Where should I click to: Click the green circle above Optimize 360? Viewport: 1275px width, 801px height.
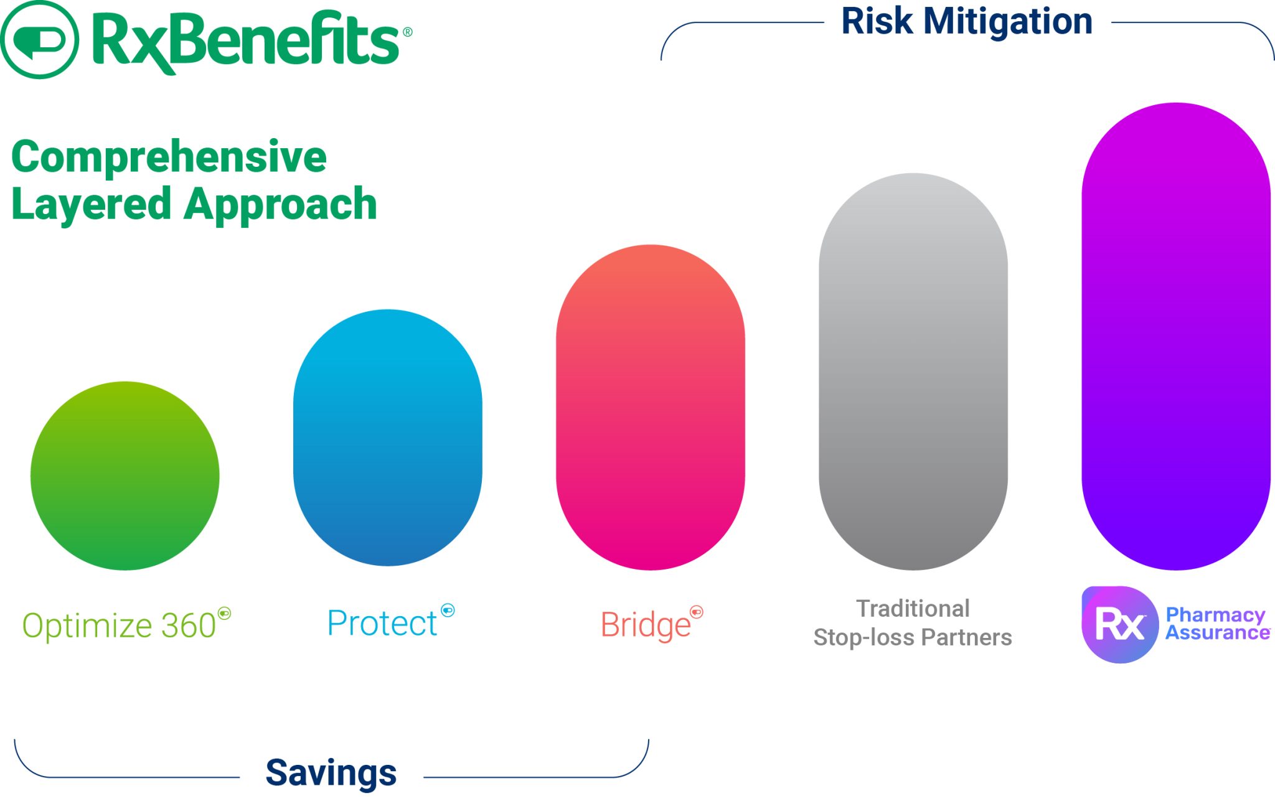(x=125, y=476)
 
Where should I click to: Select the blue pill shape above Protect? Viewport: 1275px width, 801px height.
(x=387, y=438)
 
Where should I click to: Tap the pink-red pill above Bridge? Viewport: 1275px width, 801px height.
(x=650, y=408)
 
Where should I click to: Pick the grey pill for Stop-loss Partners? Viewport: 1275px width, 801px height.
(x=913, y=372)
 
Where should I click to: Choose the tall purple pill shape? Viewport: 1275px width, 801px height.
(x=1175, y=336)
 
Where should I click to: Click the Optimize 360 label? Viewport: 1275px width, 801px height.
(x=120, y=625)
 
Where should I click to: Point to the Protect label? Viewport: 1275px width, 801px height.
(x=382, y=623)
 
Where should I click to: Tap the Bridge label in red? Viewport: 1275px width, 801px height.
(x=646, y=625)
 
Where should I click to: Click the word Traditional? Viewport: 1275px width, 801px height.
(x=913, y=609)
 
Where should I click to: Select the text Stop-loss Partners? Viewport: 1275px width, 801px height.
(x=913, y=637)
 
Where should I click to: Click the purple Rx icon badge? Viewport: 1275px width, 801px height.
(x=1119, y=624)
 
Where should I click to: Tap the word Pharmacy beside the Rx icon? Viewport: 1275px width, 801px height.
(x=1215, y=615)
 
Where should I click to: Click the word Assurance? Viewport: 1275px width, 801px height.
(x=1217, y=633)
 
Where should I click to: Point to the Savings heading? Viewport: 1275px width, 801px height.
(x=331, y=773)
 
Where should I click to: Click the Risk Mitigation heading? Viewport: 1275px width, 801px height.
(x=966, y=21)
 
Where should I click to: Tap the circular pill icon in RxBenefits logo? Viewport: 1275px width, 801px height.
(x=39, y=40)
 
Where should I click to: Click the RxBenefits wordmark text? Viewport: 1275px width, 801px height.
(x=246, y=40)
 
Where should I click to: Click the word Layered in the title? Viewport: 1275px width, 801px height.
(x=91, y=204)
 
